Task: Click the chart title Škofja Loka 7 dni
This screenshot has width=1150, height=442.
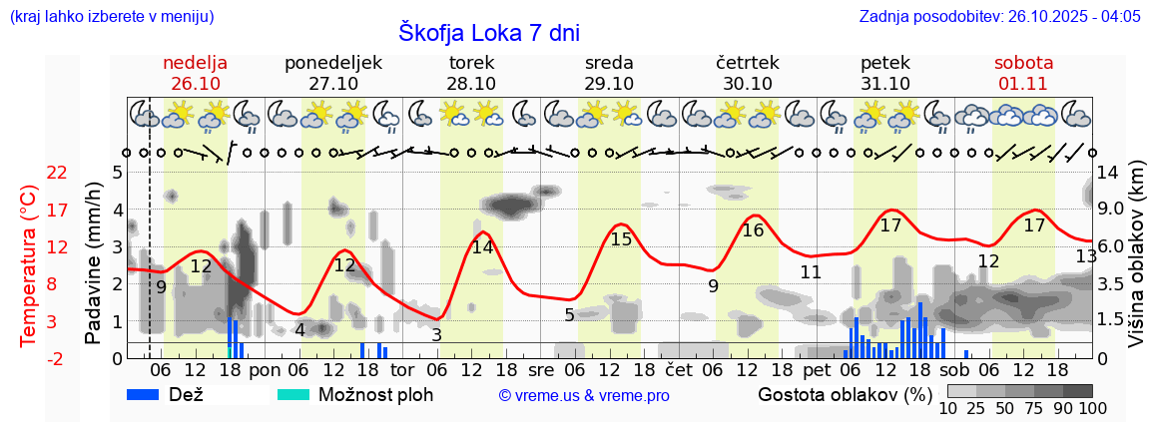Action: click(x=488, y=32)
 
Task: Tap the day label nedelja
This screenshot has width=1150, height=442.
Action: click(x=196, y=63)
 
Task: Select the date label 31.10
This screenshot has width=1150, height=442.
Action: click(x=884, y=84)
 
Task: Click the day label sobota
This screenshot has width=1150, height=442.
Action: click(x=1023, y=63)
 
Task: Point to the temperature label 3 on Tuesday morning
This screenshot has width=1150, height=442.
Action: click(x=436, y=335)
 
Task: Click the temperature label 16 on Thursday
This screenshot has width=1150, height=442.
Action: click(x=753, y=230)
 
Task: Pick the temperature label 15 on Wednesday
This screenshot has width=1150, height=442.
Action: click(x=621, y=239)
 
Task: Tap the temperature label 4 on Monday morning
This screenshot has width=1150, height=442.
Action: click(x=299, y=330)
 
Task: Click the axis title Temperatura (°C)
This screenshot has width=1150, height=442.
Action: click(x=28, y=265)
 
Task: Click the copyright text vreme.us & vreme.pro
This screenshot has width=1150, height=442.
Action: click(x=584, y=395)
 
